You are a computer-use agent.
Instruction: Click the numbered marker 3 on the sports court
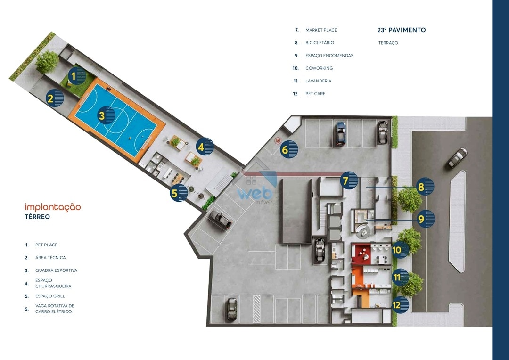(x=106, y=115)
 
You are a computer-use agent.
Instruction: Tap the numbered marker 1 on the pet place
(x=77, y=76)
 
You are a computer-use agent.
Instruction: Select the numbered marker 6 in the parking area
(x=289, y=149)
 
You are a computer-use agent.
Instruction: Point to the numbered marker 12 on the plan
(x=400, y=305)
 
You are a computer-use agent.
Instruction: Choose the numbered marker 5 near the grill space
(x=179, y=193)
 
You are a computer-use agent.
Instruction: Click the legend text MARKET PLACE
(x=321, y=30)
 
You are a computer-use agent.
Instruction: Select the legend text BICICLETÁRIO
(x=320, y=42)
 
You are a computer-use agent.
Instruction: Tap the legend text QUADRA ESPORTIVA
(x=56, y=270)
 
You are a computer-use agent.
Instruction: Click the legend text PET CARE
(x=315, y=93)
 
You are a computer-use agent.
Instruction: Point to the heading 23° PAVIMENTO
(x=401, y=30)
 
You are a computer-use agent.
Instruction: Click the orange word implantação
(x=53, y=207)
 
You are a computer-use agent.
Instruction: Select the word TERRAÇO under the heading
(x=388, y=43)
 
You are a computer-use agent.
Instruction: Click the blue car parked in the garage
(x=341, y=133)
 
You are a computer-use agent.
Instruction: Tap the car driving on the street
(x=457, y=158)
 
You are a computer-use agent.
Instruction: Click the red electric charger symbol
(x=278, y=140)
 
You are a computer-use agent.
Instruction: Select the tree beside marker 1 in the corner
(x=48, y=61)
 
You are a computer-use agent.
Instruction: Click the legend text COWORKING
(x=319, y=68)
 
